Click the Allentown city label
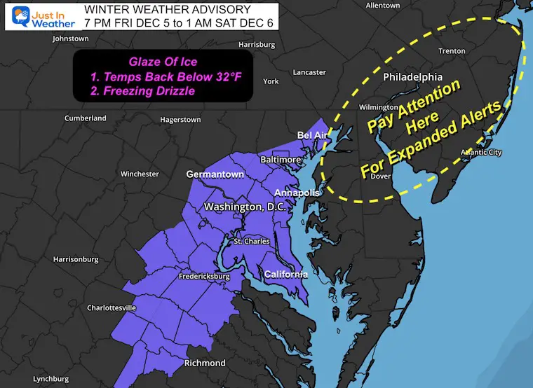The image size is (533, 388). click(382, 6)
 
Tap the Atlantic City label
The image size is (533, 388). click(481, 153)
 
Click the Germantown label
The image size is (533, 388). click(215, 174)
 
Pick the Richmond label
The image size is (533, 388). click(204, 363)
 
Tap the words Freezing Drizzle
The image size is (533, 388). click(167, 91)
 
